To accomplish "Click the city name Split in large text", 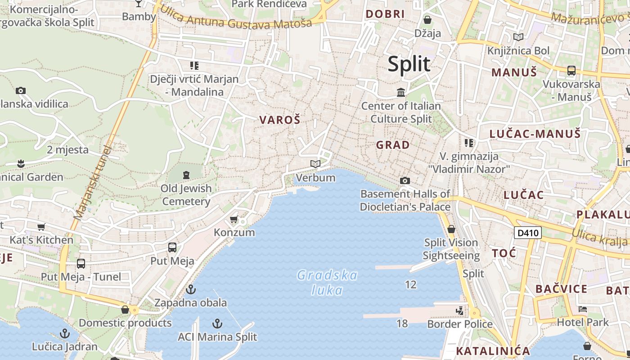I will click(409, 64).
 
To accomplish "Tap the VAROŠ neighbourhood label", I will click(279, 120).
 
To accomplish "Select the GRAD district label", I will click(393, 145).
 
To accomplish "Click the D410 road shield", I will click(527, 233).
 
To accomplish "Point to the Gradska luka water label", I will click(327, 282).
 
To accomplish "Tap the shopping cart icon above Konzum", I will click(234, 220).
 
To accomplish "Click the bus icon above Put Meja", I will click(172, 247).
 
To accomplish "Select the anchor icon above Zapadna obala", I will click(191, 289).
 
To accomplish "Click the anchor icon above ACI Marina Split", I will click(217, 324).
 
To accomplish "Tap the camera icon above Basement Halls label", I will click(405, 180).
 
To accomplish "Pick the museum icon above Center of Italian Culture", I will click(401, 93).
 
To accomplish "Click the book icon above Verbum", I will click(315, 164).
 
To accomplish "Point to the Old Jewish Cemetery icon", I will click(186, 175).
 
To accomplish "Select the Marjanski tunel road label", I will click(93, 182).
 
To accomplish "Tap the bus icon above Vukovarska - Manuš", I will click(571, 71).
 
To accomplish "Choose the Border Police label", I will click(460, 324).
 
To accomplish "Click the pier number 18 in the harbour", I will click(402, 323).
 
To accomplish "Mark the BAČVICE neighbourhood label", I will click(561, 289).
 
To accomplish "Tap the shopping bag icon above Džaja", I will click(427, 20).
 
